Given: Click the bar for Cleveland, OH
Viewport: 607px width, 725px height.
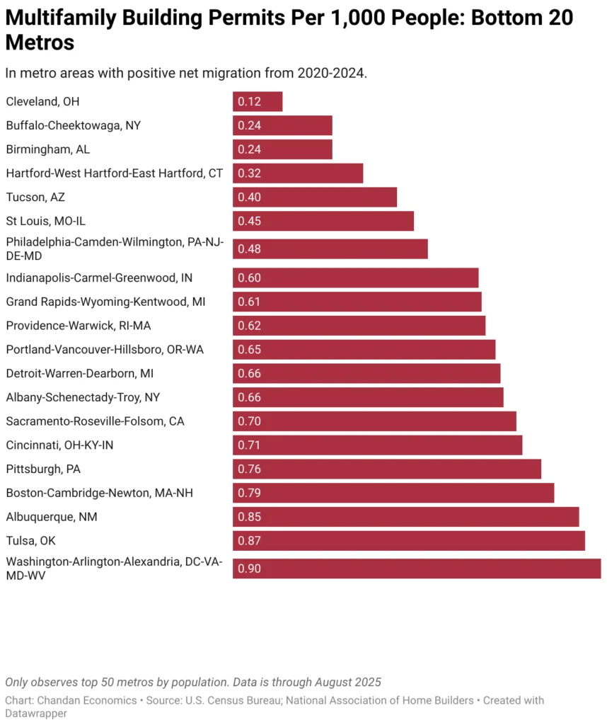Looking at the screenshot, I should click(258, 101).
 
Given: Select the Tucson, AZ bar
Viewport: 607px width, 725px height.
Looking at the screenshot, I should click(315, 197).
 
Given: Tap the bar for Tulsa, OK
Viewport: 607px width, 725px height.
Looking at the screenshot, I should click(409, 540).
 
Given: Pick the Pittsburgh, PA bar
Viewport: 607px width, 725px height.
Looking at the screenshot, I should click(387, 469).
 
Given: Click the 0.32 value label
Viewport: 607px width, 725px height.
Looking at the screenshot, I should click(249, 173).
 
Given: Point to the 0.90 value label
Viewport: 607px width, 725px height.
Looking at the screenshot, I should click(249, 569).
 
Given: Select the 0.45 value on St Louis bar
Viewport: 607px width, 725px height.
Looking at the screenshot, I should click(249, 221).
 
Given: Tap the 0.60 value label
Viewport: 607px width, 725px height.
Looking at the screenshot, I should click(249, 278).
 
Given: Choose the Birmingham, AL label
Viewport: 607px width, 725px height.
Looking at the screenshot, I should click(48, 149).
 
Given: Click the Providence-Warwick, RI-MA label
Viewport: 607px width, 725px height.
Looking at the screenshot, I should click(79, 326).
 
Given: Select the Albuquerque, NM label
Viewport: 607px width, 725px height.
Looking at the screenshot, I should click(52, 517).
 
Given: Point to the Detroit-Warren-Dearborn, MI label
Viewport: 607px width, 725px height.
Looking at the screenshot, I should click(80, 373).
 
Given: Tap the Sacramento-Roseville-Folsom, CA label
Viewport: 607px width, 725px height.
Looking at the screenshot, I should click(96, 421).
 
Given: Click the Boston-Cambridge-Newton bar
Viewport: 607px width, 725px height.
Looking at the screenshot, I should click(393, 493).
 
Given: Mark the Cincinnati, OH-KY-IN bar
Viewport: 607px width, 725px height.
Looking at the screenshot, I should click(377, 445).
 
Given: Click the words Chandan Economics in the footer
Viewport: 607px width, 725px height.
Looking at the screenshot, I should click(81, 700).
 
